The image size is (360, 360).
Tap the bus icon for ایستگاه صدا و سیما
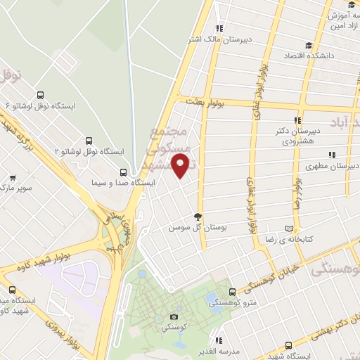(x=124, y=172)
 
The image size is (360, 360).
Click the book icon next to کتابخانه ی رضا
(x=289, y=228)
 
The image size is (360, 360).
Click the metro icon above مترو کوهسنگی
(x=232, y=291)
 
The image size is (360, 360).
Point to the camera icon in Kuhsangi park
(x=174, y=317)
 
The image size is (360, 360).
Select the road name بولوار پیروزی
(x=63, y=335)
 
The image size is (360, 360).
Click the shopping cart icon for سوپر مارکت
(x=12, y=178)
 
